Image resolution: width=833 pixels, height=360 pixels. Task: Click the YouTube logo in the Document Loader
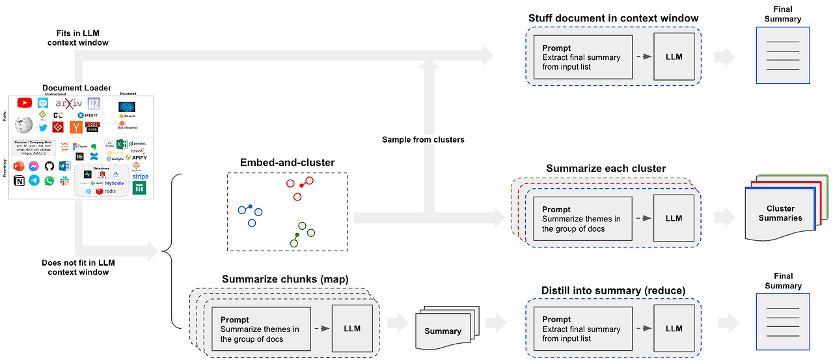(25, 103)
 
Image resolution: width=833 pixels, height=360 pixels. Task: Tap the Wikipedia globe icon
(23, 124)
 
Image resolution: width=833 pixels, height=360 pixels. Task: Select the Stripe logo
(140, 176)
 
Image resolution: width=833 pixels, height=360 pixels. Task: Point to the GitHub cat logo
(49, 166)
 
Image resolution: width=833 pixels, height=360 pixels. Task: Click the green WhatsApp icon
(49, 181)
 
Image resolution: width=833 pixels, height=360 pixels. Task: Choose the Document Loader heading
(77, 88)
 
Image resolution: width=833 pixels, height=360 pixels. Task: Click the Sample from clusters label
(423, 139)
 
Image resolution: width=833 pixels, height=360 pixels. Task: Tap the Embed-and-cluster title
(287, 162)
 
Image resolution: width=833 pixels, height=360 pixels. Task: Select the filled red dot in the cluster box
(301, 186)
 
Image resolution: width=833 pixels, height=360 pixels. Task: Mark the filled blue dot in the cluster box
(251, 207)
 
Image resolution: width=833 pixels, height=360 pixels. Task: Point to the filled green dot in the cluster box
(297, 234)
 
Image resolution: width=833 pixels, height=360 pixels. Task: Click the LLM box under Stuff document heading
(674, 57)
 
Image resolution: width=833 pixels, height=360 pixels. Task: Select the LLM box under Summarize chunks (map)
(351, 329)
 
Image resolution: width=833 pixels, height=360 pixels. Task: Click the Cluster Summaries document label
(780, 214)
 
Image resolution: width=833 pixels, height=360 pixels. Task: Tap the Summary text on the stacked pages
(443, 331)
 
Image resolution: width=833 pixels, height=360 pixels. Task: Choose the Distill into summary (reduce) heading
(613, 290)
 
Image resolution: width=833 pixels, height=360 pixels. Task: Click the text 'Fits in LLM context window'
(78, 37)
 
